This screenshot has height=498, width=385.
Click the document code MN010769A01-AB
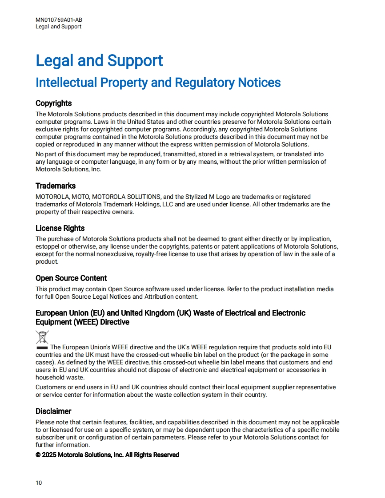pos(59,20)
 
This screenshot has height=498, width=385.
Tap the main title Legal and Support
pos(99,61)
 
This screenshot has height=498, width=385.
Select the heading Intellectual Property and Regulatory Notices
pos(158,83)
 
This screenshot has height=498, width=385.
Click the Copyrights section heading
pos(53,103)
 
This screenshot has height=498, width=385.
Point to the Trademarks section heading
pos(56,186)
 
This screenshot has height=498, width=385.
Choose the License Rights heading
pos(60,228)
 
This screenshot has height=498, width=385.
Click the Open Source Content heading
pos(71,278)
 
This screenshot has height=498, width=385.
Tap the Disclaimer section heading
pos(53,411)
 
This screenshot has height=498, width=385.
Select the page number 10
pos(39,483)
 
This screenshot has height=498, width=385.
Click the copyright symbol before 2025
pos(38,455)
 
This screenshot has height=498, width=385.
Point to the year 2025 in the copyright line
pos(49,455)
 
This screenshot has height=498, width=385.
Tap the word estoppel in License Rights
pos(48,247)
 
